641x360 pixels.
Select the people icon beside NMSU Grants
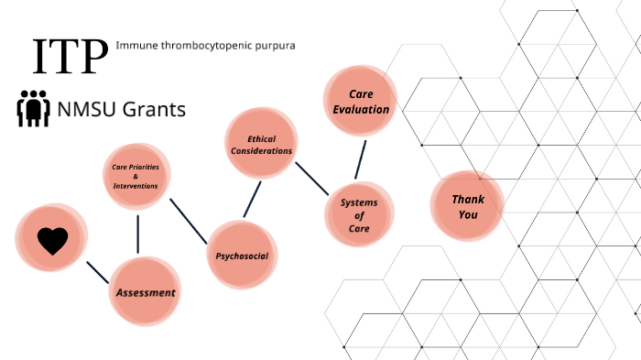point(34,108)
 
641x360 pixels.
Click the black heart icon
point(52,240)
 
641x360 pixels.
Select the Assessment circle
point(145,292)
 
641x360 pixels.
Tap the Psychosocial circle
point(242,256)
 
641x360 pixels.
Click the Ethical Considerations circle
point(261,144)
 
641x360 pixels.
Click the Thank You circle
point(467,206)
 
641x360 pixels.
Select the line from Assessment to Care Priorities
point(137,234)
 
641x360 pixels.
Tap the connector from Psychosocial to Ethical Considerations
point(252,199)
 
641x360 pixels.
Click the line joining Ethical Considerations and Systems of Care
point(311,180)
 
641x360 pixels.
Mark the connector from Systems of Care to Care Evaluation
point(361,158)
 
